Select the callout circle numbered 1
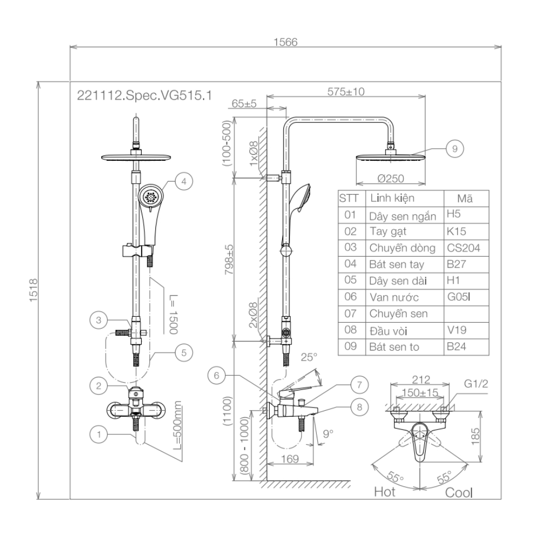pos(99,434)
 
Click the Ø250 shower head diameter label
pos(390,179)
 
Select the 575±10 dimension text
pos(346,91)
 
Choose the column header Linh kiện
pos(392,197)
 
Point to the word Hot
pos(385,492)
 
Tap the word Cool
pos(459,492)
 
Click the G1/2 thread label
pos(476,383)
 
